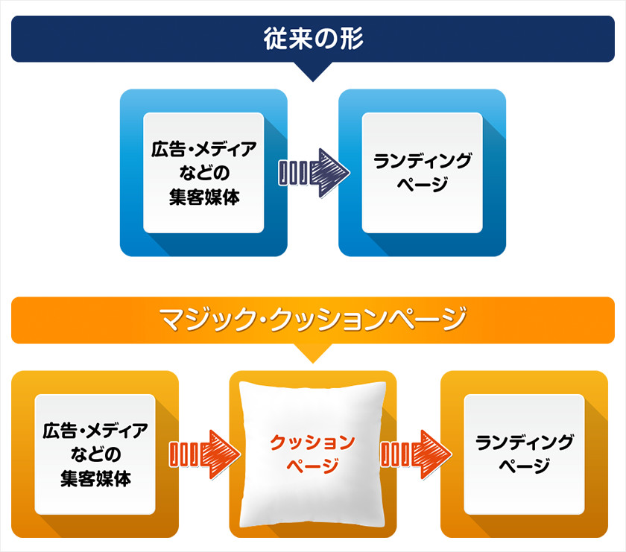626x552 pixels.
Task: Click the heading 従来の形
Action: coord(313,39)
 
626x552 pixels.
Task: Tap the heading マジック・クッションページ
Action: coord(313,320)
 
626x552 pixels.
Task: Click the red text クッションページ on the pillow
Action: coord(312,454)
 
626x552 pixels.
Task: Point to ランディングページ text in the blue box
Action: coord(422,172)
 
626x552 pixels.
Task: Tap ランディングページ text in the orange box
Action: coord(524,454)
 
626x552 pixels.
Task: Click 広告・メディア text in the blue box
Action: coord(203,149)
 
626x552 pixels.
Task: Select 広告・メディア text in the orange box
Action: coord(95,430)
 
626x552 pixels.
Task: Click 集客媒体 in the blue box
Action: coord(203,198)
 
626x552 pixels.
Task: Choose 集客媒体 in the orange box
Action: coord(95,479)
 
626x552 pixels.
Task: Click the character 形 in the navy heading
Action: coord(350,39)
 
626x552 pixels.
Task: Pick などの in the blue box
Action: coord(203,174)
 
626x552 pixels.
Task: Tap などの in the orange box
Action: coord(95,454)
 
